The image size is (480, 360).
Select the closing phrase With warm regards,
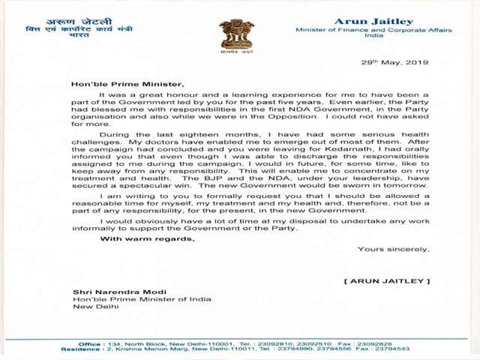point(148,239)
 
